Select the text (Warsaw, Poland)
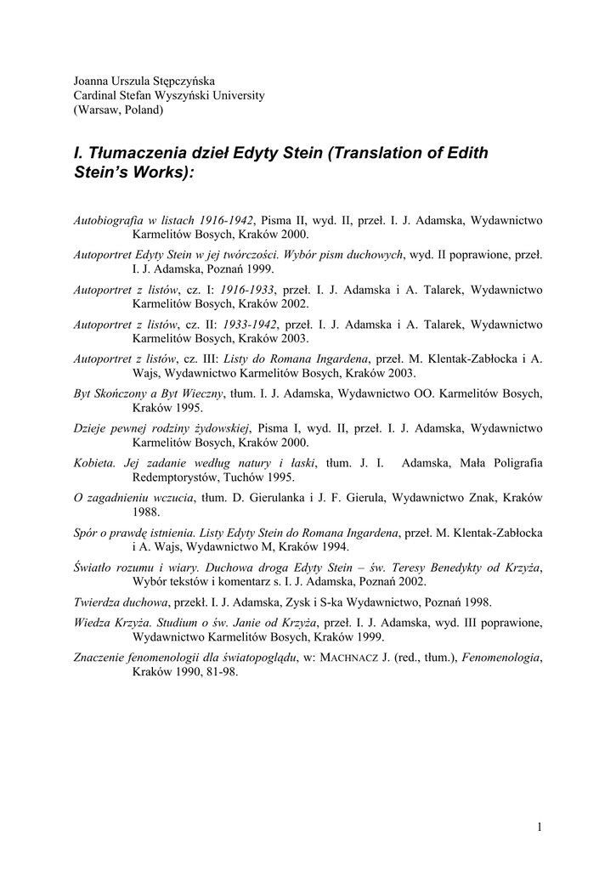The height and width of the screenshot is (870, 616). (x=118, y=110)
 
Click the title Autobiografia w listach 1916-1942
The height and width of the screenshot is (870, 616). (x=165, y=219)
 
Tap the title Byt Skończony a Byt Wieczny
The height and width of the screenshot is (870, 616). (x=149, y=393)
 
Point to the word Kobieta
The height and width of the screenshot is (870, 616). (x=95, y=463)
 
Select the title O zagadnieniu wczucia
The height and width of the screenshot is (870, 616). (x=134, y=498)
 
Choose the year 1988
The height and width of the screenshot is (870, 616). (x=146, y=512)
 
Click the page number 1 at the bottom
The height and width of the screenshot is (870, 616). (x=540, y=826)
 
